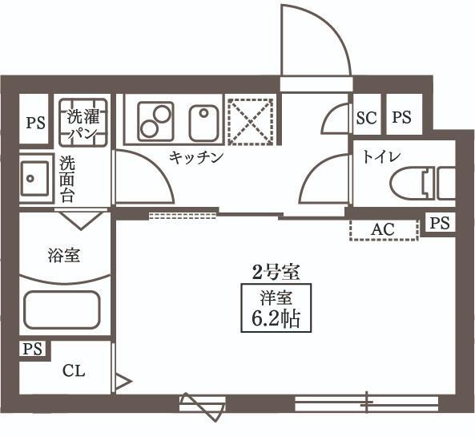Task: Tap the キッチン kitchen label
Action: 195,157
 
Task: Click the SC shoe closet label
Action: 365,118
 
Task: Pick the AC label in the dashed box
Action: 383,229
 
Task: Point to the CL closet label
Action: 74,371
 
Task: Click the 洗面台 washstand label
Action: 67,179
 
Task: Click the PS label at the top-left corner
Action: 35,123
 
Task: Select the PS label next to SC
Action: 401,118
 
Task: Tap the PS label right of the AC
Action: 439,223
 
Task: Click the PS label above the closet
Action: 32,349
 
